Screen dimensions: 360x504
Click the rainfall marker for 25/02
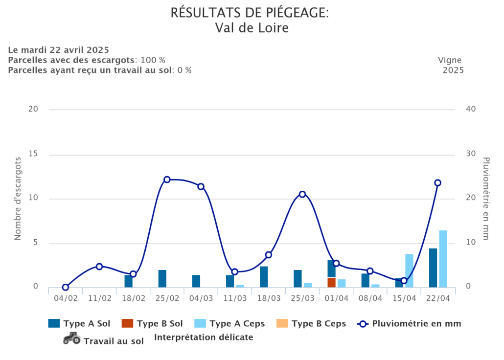(x=167, y=180)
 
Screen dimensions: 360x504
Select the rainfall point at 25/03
(x=302, y=194)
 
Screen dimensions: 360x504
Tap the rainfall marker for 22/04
(x=438, y=183)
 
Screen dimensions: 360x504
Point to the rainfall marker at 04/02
(x=66, y=287)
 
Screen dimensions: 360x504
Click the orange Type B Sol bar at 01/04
(x=331, y=282)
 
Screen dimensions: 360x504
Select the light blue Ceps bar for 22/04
(x=443, y=259)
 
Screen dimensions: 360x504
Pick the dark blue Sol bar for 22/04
(x=433, y=268)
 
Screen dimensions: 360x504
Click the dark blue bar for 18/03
(x=264, y=277)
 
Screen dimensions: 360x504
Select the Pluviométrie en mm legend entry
(x=410, y=323)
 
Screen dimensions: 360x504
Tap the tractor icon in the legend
(x=72, y=338)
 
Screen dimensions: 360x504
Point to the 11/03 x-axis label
(x=235, y=298)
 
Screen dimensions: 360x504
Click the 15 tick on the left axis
(x=33, y=154)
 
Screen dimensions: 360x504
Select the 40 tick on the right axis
(x=471, y=109)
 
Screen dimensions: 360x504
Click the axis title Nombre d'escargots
(x=18, y=199)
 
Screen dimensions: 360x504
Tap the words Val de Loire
(x=252, y=28)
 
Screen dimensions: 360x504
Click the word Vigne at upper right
(x=450, y=60)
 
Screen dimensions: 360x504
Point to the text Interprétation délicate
(x=204, y=337)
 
